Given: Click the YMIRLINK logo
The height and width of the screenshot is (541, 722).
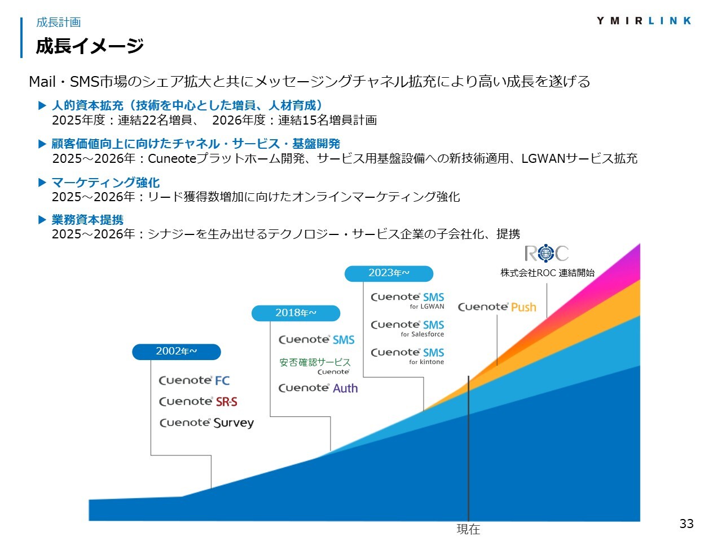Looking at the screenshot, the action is click(x=644, y=21).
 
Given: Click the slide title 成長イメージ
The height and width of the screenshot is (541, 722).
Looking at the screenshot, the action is click(x=90, y=46).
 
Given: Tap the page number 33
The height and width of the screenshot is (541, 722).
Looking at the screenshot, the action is click(x=686, y=524).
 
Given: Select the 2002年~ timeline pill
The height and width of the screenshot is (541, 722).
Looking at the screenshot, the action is click(x=177, y=352).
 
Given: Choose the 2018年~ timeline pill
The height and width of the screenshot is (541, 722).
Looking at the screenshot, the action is click(x=296, y=313).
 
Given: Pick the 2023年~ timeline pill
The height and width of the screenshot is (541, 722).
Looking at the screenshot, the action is click(x=389, y=273).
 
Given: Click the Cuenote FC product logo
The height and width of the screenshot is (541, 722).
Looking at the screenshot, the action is click(x=194, y=380).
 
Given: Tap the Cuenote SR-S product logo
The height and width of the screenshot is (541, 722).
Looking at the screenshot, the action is click(x=198, y=401).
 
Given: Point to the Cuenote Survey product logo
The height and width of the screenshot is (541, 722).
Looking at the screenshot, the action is click(x=206, y=423).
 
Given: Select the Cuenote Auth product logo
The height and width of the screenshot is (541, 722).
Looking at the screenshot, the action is click(x=318, y=388).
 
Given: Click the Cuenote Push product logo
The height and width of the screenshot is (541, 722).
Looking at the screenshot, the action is click(x=497, y=307).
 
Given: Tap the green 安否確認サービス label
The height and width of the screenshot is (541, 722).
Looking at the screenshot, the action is click(x=315, y=362).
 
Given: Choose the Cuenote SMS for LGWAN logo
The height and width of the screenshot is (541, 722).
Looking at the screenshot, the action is click(x=407, y=300).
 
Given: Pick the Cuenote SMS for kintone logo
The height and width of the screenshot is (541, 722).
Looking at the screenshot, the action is click(x=407, y=356).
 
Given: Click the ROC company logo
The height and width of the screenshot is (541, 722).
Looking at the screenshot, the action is click(x=547, y=253).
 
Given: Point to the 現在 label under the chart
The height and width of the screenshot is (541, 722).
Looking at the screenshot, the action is click(x=468, y=529).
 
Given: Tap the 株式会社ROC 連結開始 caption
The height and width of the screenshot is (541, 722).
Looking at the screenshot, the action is click(x=547, y=273).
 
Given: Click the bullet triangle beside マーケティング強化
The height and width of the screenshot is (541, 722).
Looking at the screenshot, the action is click(x=42, y=182).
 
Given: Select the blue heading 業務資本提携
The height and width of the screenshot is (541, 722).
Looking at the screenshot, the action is click(x=87, y=219).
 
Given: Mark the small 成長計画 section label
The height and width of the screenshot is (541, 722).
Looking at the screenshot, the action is click(x=59, y=23).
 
